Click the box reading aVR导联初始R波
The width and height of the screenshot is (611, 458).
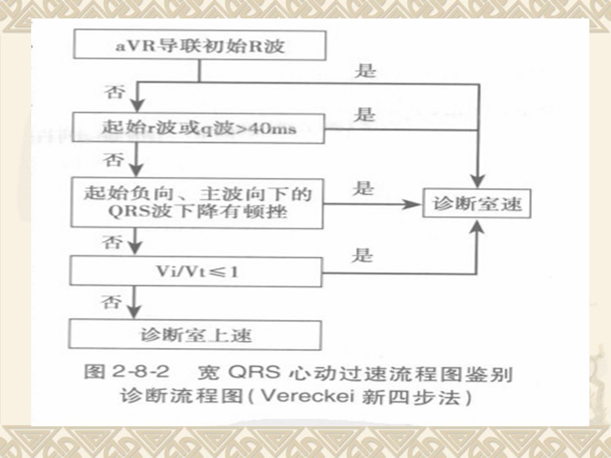tap(200, 46)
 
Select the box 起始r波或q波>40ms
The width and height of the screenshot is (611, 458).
tap(199, 128)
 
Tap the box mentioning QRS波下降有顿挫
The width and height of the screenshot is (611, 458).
tap(197, 203)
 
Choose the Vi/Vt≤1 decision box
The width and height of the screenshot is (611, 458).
tap(196, 272)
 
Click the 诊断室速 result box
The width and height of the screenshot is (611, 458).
tap(477, 204)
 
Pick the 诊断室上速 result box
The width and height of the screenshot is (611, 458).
tap(195, 335)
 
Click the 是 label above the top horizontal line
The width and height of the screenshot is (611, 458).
tap(365, 71)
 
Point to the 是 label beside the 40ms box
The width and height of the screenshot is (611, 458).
tap(364, 114)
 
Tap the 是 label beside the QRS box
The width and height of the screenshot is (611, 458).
tap(363, 188)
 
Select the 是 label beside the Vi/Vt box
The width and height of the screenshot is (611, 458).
tap(362, 255)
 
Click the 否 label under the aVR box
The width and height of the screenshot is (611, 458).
tap(115, 92)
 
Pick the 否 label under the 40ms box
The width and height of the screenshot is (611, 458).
tap(113, 160)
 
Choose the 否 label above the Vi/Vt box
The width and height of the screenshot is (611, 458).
tap(112, 242)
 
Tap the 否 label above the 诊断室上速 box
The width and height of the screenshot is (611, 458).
tap(111, 302)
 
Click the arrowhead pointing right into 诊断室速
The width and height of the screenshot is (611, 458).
tap(412, 204)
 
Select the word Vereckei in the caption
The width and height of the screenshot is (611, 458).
tap(308, 396)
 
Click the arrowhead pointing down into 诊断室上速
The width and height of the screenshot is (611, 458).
tap(134, 312)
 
